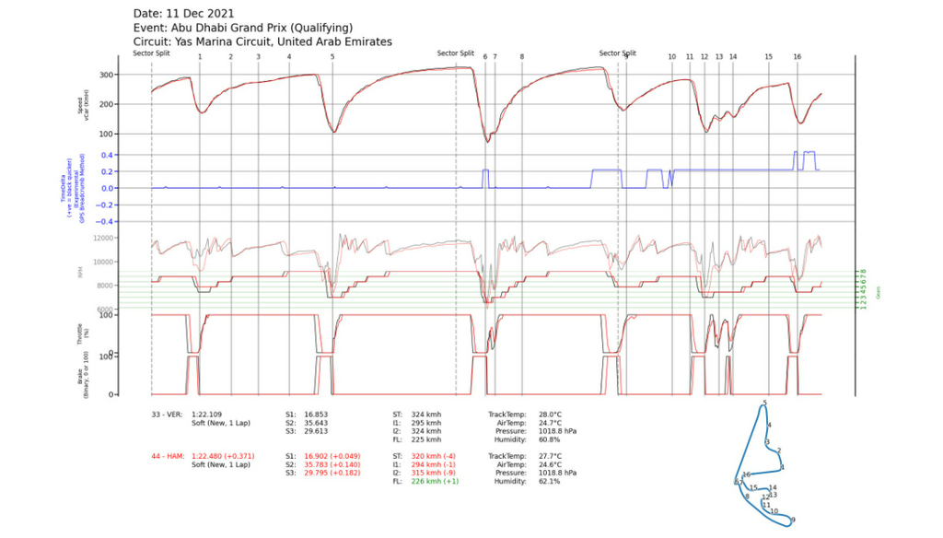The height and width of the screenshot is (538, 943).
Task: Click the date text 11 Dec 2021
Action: point(204,14)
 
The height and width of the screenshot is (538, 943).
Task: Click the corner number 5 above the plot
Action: point(332,57)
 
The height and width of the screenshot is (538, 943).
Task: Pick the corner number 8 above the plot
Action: point(521,57)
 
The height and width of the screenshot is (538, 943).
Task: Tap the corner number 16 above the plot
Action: point(797,57)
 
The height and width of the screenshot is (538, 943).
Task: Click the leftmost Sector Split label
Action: point(151,53)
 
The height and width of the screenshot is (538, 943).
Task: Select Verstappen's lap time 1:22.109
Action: point(210,415)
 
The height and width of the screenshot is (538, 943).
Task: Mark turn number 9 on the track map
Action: point(793,520)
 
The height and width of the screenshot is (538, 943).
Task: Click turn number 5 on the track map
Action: point(764,403)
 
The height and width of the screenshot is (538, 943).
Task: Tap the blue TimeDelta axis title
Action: point(70,190)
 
